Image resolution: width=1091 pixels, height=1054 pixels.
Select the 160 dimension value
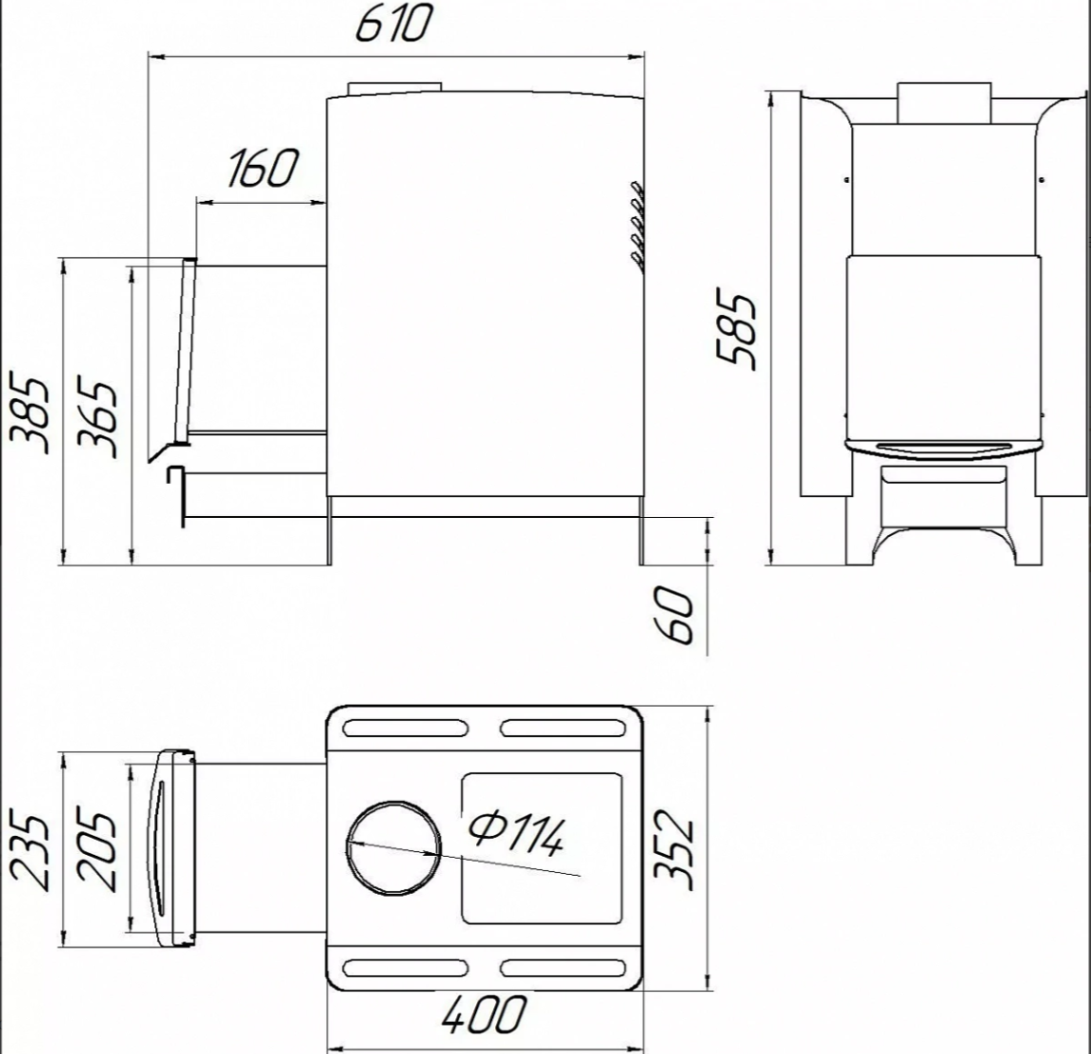[x=263, y=169]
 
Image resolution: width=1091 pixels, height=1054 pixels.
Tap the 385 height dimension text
[x=30, y=415]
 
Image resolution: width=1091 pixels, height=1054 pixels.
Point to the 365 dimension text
[x=97, y=417]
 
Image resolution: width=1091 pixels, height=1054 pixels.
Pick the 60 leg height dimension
[x=676, y=615]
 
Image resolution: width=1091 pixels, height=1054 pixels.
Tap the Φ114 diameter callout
[x=516, y=834]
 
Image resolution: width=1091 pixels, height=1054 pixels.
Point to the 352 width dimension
[x=676, y=848]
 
